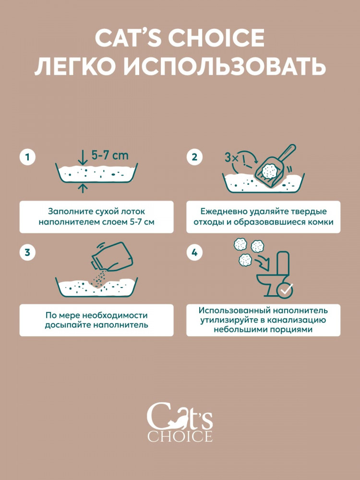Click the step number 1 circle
point(28,157)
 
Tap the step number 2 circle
point(195,157)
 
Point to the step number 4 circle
point(195,253)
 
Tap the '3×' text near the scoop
point(231,157)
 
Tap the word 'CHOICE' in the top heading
point(219,38)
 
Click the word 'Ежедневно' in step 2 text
point(221,211)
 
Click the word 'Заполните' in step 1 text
point(68,211)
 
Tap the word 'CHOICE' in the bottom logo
point(180,436)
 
